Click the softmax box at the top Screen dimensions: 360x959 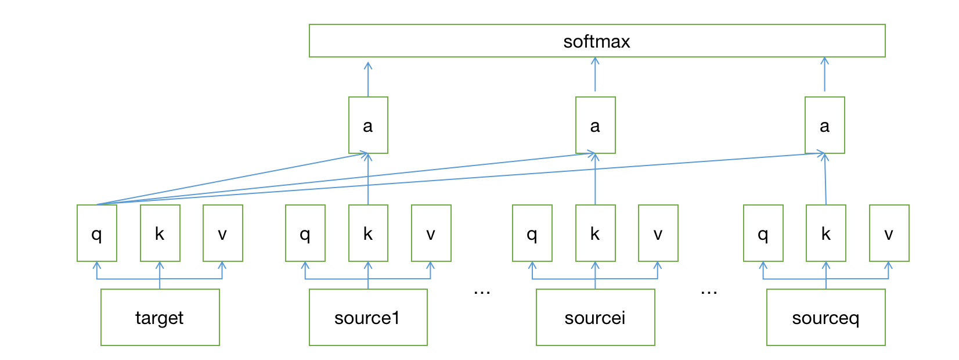[x=597, y=41]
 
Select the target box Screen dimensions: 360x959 [x=160, y=317]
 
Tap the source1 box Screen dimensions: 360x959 [x=368, y=317]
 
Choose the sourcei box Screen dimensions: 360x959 [x=595, y=317]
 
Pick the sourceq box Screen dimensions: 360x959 [x=825, y=317]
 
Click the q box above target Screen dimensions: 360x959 [x=97, y=233]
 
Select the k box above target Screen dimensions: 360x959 [x=160, y=233]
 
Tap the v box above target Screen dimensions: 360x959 [x=222, y=233]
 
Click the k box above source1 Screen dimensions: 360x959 [x=368, y=233]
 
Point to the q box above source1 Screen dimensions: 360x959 [x=305, y=233]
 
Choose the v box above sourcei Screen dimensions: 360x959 [x=658, y=233]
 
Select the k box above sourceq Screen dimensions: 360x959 [x=825, y=233]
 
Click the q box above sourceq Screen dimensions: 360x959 [x=763, y=233]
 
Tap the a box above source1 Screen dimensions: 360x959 [x=368, y=125]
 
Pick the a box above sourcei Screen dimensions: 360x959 [x=595, y=125]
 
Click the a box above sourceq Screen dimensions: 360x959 [x=824, y=125]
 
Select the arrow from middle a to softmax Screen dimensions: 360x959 [x=595, y=75]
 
